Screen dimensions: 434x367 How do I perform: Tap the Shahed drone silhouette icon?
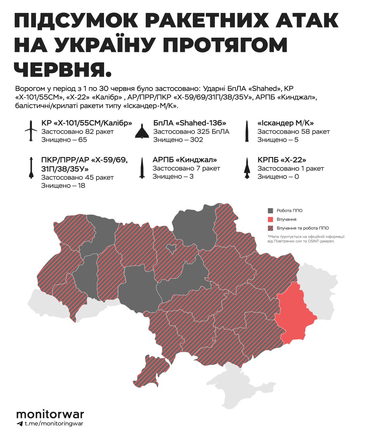(142, 131)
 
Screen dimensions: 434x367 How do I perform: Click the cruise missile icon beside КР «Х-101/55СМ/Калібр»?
(31, 131)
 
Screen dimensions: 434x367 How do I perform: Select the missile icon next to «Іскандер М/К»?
(247, 131)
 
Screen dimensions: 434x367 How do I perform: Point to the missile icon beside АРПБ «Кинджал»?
(142, 168)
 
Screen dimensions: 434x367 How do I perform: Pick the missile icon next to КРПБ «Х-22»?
(247, 168)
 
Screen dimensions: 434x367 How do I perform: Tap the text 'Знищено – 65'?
(64, 140)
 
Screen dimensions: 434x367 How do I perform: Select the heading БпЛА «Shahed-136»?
(189, 123)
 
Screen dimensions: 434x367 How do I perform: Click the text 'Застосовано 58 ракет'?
(293, 132)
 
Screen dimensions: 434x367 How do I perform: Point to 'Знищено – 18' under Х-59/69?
(63, 185)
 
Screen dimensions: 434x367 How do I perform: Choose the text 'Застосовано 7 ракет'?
(186, 168)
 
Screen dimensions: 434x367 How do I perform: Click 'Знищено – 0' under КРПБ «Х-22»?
(278, 177)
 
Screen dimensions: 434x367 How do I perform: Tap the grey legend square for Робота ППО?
(270, 211)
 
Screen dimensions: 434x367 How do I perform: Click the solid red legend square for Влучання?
(270, 219)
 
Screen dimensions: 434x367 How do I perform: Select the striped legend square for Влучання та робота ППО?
(270, 228)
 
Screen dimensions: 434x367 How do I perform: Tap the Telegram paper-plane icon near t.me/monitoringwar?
(19, 423)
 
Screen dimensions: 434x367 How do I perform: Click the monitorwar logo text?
(50, 414)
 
